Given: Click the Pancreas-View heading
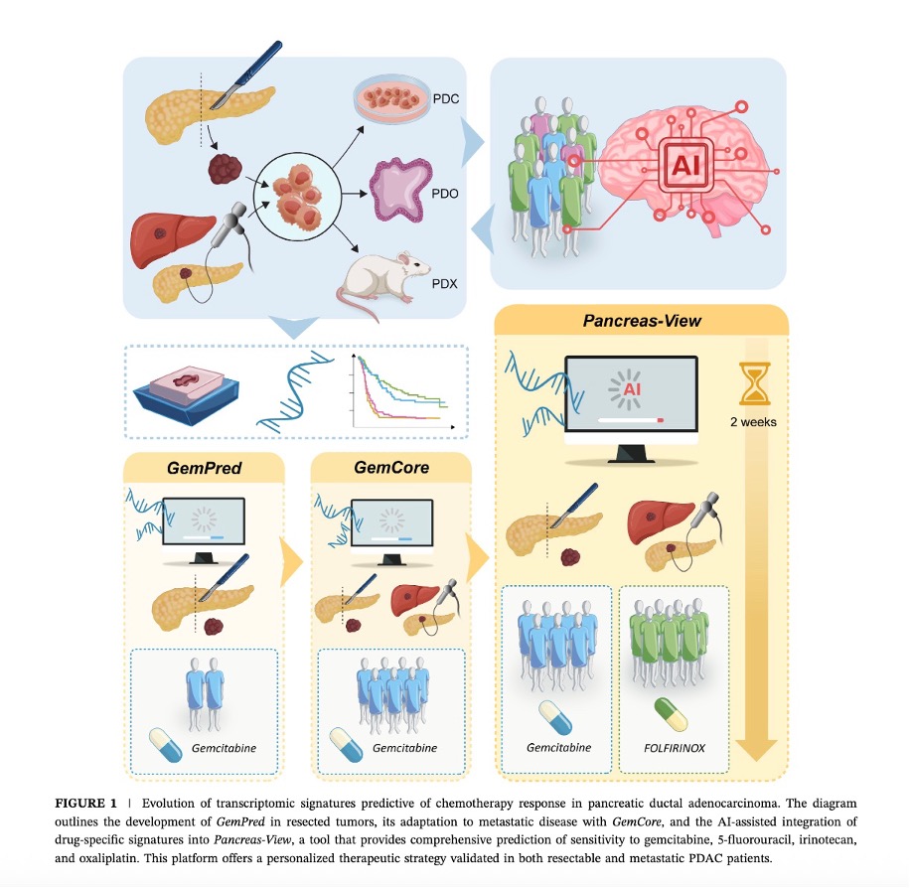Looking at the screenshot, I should coord(641,322).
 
